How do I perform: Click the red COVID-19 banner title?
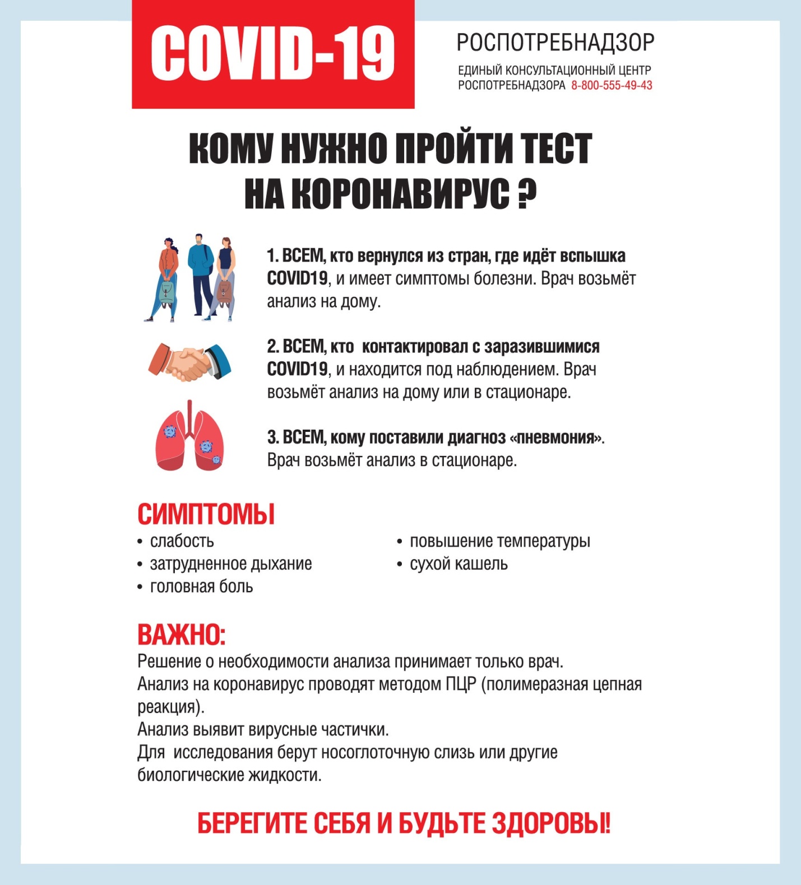pyautogui.click(x=273, y=54)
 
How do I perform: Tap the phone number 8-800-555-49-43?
pyautogui.click(x=612, y=86)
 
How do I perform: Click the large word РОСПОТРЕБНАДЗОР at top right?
pyautogui.click(x=555, y=43)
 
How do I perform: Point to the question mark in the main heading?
pyautogui.click(x=526, y=194)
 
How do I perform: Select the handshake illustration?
pyautogui.click(x=189, y=362)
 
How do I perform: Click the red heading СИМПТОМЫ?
pyautogui.click(x=206, y=514)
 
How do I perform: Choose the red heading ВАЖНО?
pyautogui.click(x=181, y=635)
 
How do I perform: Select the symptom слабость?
pyautogui.click(x=182, y=542)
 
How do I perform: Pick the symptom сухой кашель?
pyautogui.click(x=459, y=564)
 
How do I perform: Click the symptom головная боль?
pyautogui.click(x=201, y=587)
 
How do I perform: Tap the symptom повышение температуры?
pyautogui.click(x=499, y=542)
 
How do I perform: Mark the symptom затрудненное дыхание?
pyautogui.click(x=230, y=564)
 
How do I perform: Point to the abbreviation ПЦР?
pyautogui.click(x=461, y=684)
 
